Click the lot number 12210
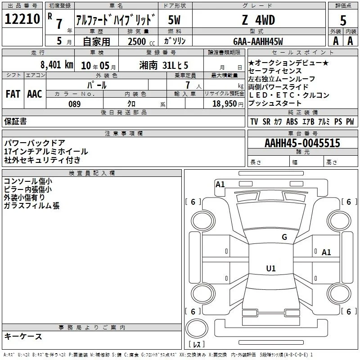coord(22,19)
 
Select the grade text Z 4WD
coord(258,20)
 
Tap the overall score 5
coord(343,20)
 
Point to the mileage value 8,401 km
coord(57,65)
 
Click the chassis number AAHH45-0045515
coord(302,143)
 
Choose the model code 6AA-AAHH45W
coord(258,41)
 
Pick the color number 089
coord(75,104)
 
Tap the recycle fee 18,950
coord(225,104)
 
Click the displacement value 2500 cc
coord(141,41)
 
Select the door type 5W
coord(174,20)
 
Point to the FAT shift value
coord(13,94)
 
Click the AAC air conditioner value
coord(35,94)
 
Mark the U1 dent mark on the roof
coord(271,268)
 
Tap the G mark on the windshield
coord(284,237)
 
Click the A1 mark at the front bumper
coord(220,184)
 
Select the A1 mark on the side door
coord(326,252)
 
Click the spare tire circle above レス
coord(197,328)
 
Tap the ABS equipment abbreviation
coord(292,121)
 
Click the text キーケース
coord(23,336)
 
